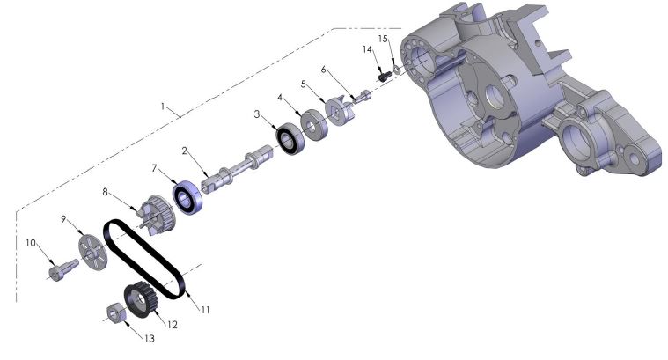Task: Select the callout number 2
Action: coord(186,151)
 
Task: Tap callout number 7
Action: coord(153,167)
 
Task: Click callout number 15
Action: coord(383,39)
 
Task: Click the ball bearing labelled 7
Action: coord(187,198)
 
